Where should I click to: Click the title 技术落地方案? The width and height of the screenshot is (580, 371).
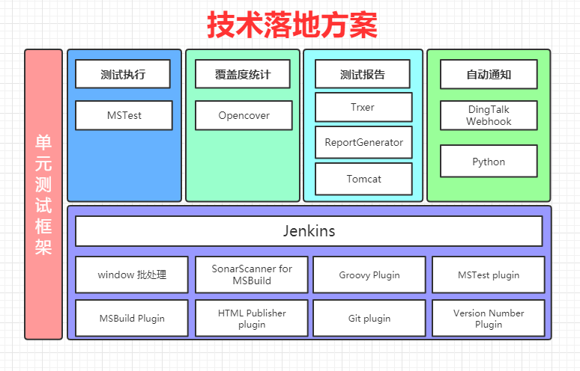pos(292,25)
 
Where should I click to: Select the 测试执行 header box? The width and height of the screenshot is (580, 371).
pos(123,75)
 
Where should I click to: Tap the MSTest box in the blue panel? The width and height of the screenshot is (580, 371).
pos(124,116)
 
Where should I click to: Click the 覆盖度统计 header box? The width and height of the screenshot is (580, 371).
pos(243,75)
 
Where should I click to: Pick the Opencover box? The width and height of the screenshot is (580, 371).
pos(244,116)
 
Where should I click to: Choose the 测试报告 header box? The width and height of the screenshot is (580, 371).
pos(363,75)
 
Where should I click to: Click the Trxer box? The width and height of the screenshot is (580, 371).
pos(363,107)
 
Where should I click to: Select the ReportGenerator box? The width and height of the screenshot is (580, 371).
pos(363,142)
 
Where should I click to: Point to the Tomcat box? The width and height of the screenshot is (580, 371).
pos(363,179)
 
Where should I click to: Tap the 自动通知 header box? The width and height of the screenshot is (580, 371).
pos(489,75)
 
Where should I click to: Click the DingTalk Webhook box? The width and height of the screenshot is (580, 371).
pos(489,116)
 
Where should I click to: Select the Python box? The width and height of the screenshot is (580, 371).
pos(489,162)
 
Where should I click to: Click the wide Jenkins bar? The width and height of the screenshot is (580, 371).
pos(309,231)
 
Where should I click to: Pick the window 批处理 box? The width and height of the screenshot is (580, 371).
pos(132,275)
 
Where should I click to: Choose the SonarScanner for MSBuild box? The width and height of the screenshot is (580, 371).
pos(252,275)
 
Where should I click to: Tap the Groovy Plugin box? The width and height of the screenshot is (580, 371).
pos(369,275)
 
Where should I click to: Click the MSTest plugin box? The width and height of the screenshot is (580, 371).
pos(489,275)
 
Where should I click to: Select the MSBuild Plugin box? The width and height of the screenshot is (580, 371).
pos(132,318)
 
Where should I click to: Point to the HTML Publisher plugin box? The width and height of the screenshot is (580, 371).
pos(252,318)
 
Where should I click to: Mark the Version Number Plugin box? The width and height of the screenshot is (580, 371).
pos(489,318)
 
